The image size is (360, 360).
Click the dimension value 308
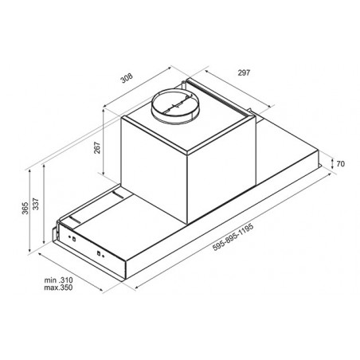[127, 78]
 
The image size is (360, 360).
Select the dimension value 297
[244, 72]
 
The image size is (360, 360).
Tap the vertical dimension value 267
[97, 147]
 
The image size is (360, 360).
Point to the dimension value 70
[340, 164]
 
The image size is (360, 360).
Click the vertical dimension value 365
[25, 208]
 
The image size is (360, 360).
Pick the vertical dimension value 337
[36, 204]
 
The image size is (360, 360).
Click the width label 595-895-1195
[233, 237]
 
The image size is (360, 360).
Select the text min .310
[58, 280]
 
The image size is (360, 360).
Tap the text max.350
[58, 288]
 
